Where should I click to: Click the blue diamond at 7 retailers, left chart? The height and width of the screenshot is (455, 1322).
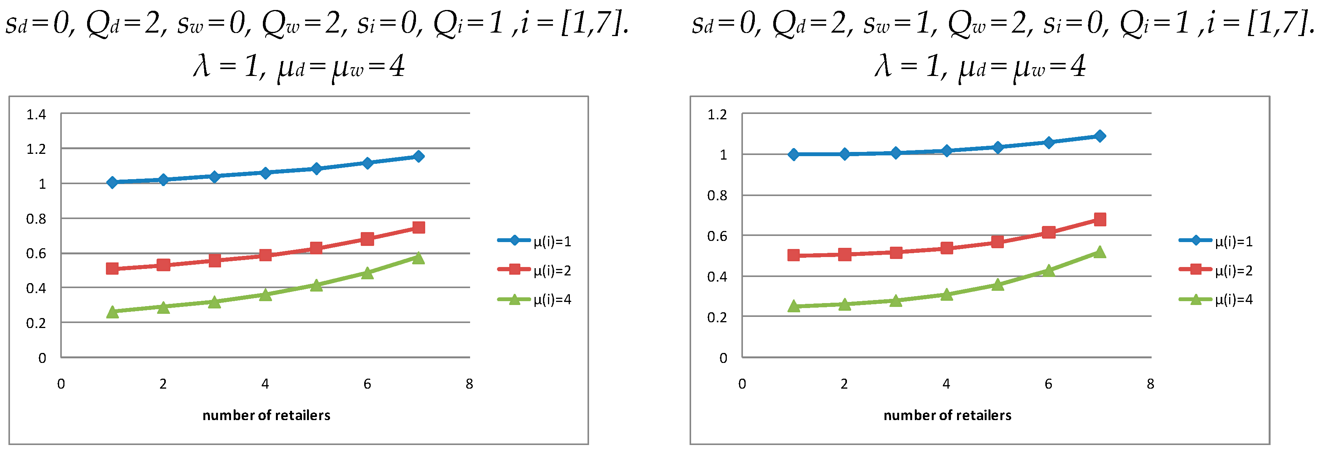tap(418, 157)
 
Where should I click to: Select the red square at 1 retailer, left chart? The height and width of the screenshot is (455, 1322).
tap(112, 268)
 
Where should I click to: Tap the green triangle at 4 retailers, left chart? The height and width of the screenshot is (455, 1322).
tap(265, 294)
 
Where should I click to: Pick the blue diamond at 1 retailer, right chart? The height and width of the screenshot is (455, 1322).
tap(794, 154)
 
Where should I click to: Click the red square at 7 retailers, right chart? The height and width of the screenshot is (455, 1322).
tap(1099, 219)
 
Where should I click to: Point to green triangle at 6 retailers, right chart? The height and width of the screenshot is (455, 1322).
tap(1048, 270)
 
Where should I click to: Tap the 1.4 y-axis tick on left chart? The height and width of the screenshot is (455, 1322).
tap(36, 114)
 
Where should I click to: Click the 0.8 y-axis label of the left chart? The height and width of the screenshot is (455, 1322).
tap(36, 219)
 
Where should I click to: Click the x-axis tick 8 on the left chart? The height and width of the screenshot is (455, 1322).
tap(469, 384)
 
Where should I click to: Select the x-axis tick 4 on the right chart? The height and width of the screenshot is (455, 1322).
tap(946, 384)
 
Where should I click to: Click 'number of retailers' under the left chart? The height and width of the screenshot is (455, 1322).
tap(266, 415)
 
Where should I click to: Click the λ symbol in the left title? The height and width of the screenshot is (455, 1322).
tap(202, 67)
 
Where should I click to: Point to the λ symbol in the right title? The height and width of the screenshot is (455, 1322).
tap(883, 67)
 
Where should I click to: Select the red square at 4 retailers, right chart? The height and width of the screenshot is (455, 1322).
tap(946, 248)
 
